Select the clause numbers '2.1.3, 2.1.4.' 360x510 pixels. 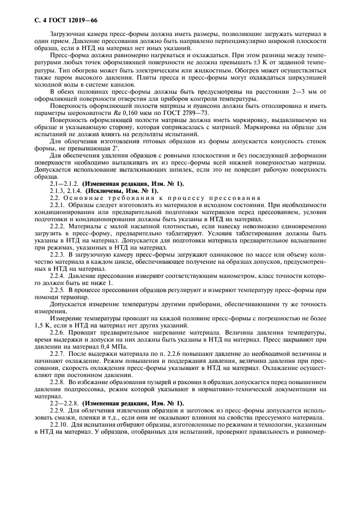pyautogui.click(x=66, y=191)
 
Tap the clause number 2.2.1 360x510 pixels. pyautogui.click(x=57, y=205)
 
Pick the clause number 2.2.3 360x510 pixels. pyautogui.click(x=57, y=254)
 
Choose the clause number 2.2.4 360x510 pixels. pyautogui.click(x=57, y=276)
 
